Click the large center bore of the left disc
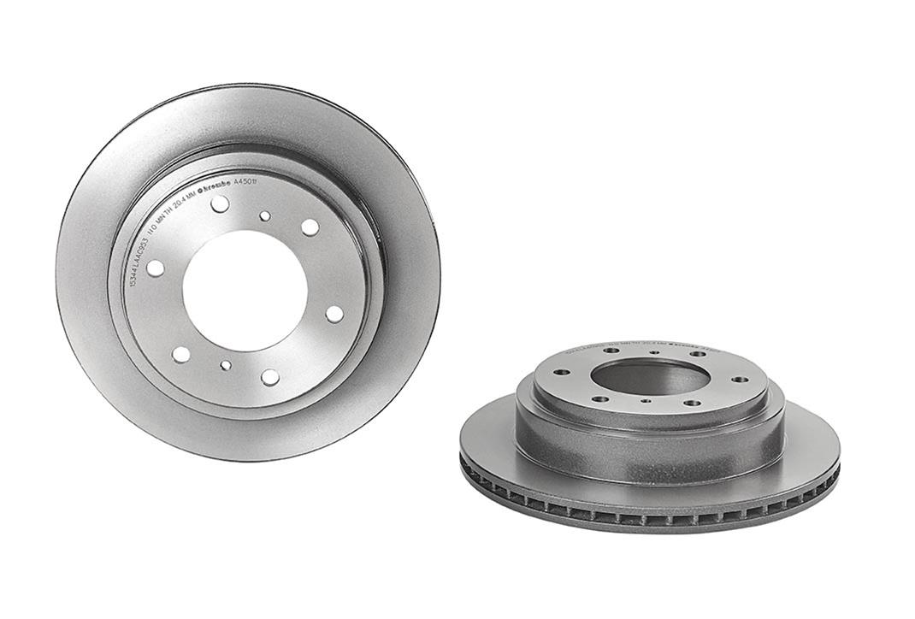tap(245, 290)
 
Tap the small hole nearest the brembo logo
tap(264, 216)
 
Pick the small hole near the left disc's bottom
tap(225, 365)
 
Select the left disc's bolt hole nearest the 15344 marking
tap(155, 268)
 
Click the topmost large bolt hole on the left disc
tap(220, 203)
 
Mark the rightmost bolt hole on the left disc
tap(334, 314)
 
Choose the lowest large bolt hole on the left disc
tap(270, 376)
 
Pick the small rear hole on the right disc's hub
tap(654, 351)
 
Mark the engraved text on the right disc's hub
tap(650, 345)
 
